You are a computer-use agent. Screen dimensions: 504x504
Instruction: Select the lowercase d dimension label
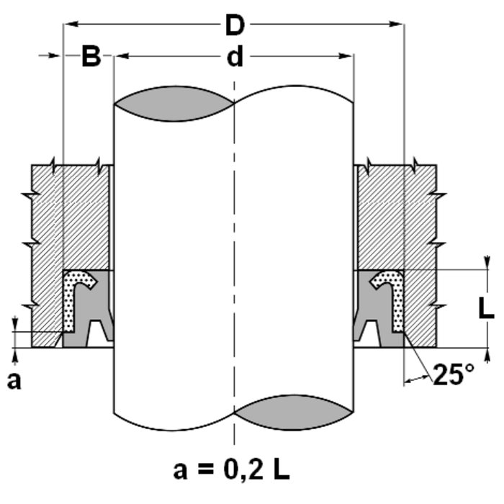pos(235,57)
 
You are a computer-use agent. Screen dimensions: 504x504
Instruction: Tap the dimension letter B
pos(91,57)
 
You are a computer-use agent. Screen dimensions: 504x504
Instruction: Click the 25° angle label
pos(453,373)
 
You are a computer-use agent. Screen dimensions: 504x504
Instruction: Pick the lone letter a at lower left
pos(14,381)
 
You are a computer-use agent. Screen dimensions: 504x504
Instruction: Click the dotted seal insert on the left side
pos(72,299)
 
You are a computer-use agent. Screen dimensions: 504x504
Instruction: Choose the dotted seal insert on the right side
pos(396,299)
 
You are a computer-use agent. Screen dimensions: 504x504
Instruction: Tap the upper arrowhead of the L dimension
pos(489,262)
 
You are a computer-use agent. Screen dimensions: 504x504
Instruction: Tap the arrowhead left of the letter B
pos(57,55)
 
